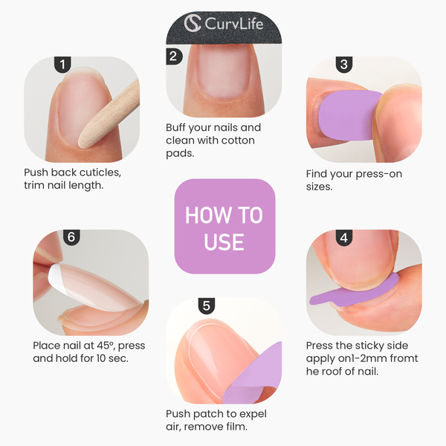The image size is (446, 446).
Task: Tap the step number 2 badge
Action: [173, 56]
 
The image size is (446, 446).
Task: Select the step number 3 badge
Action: [343, 65]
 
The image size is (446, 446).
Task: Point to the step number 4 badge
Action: [343, 238]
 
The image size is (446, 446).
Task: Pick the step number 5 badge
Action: [207, 305]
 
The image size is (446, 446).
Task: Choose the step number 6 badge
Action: [71, 238]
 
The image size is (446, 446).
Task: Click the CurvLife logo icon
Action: [193, 24]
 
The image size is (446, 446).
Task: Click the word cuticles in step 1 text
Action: [97, 172]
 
